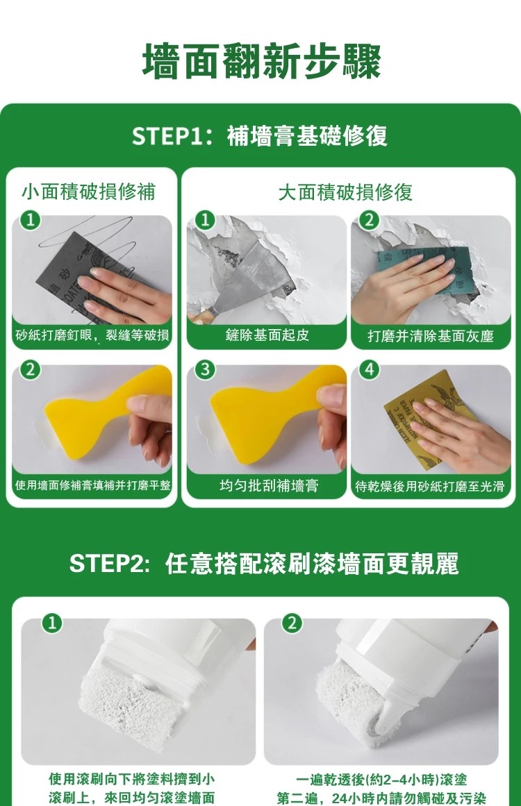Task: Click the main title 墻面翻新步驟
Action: coord(261,61)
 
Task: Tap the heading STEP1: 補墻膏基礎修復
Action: coord(260,136)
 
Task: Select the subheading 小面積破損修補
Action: coord(88,192)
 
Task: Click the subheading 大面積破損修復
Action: coord(345,192)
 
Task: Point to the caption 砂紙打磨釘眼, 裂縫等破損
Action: coord(92,336)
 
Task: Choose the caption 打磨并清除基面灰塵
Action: coord(431,337)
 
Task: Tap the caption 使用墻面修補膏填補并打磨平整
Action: coord(92,485)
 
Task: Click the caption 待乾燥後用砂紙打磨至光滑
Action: coord(430,486)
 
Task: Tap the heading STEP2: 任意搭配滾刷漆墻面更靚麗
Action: coord(264,564)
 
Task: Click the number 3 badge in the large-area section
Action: coord(204,369)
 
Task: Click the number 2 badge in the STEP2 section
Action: coord(292,622)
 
